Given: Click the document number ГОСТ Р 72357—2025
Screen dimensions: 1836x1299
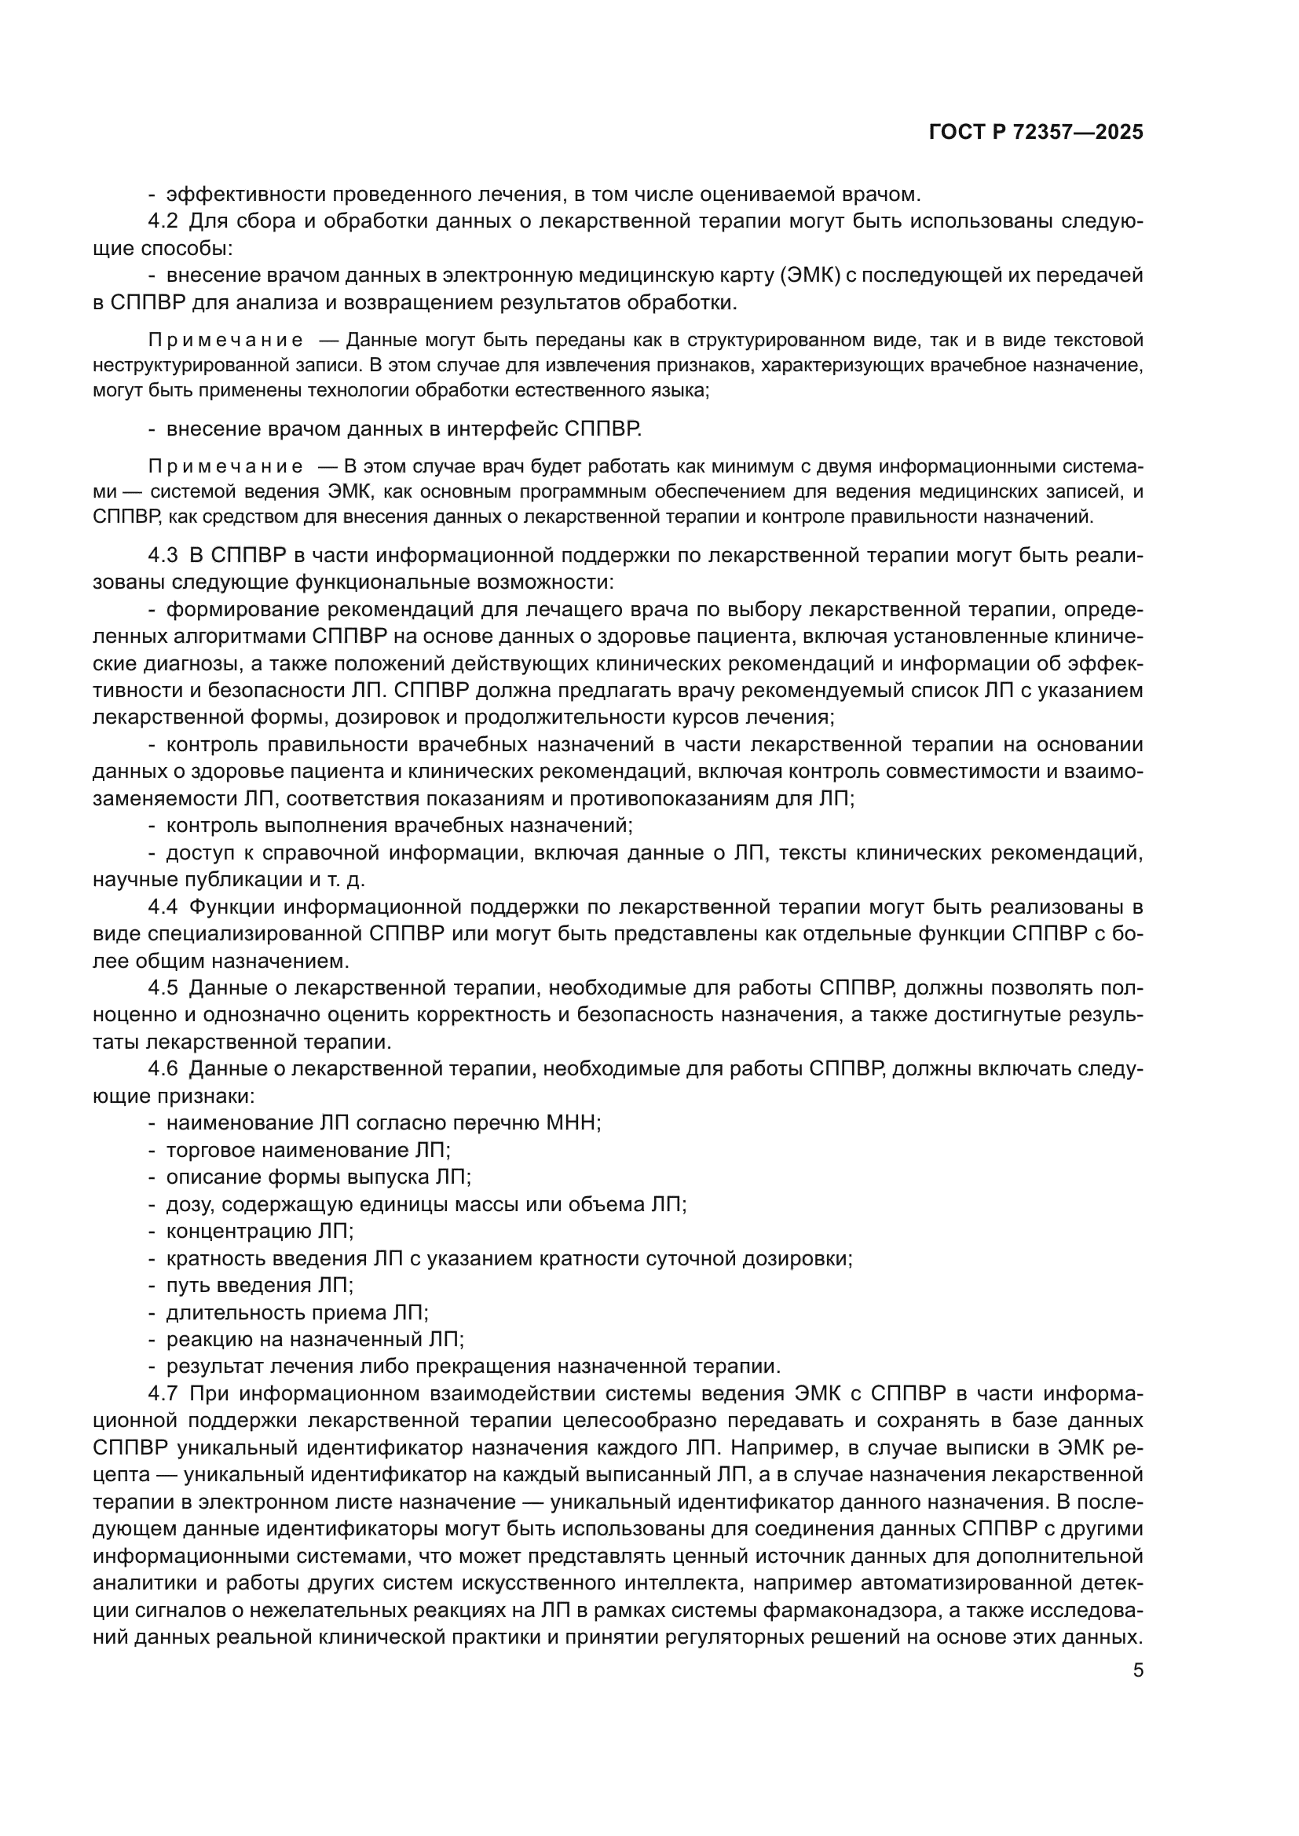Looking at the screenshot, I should [x=1036, y=133].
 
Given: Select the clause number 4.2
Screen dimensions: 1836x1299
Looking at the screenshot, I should [x=163, y=221].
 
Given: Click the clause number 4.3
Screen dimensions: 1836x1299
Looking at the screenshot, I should [x=163, y=555].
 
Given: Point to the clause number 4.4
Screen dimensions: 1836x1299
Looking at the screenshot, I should [x=163, y=907].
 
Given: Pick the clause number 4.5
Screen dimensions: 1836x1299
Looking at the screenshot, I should [x=163, y=988].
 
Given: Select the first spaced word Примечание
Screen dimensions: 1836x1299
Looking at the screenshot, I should [x=225, y=341].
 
